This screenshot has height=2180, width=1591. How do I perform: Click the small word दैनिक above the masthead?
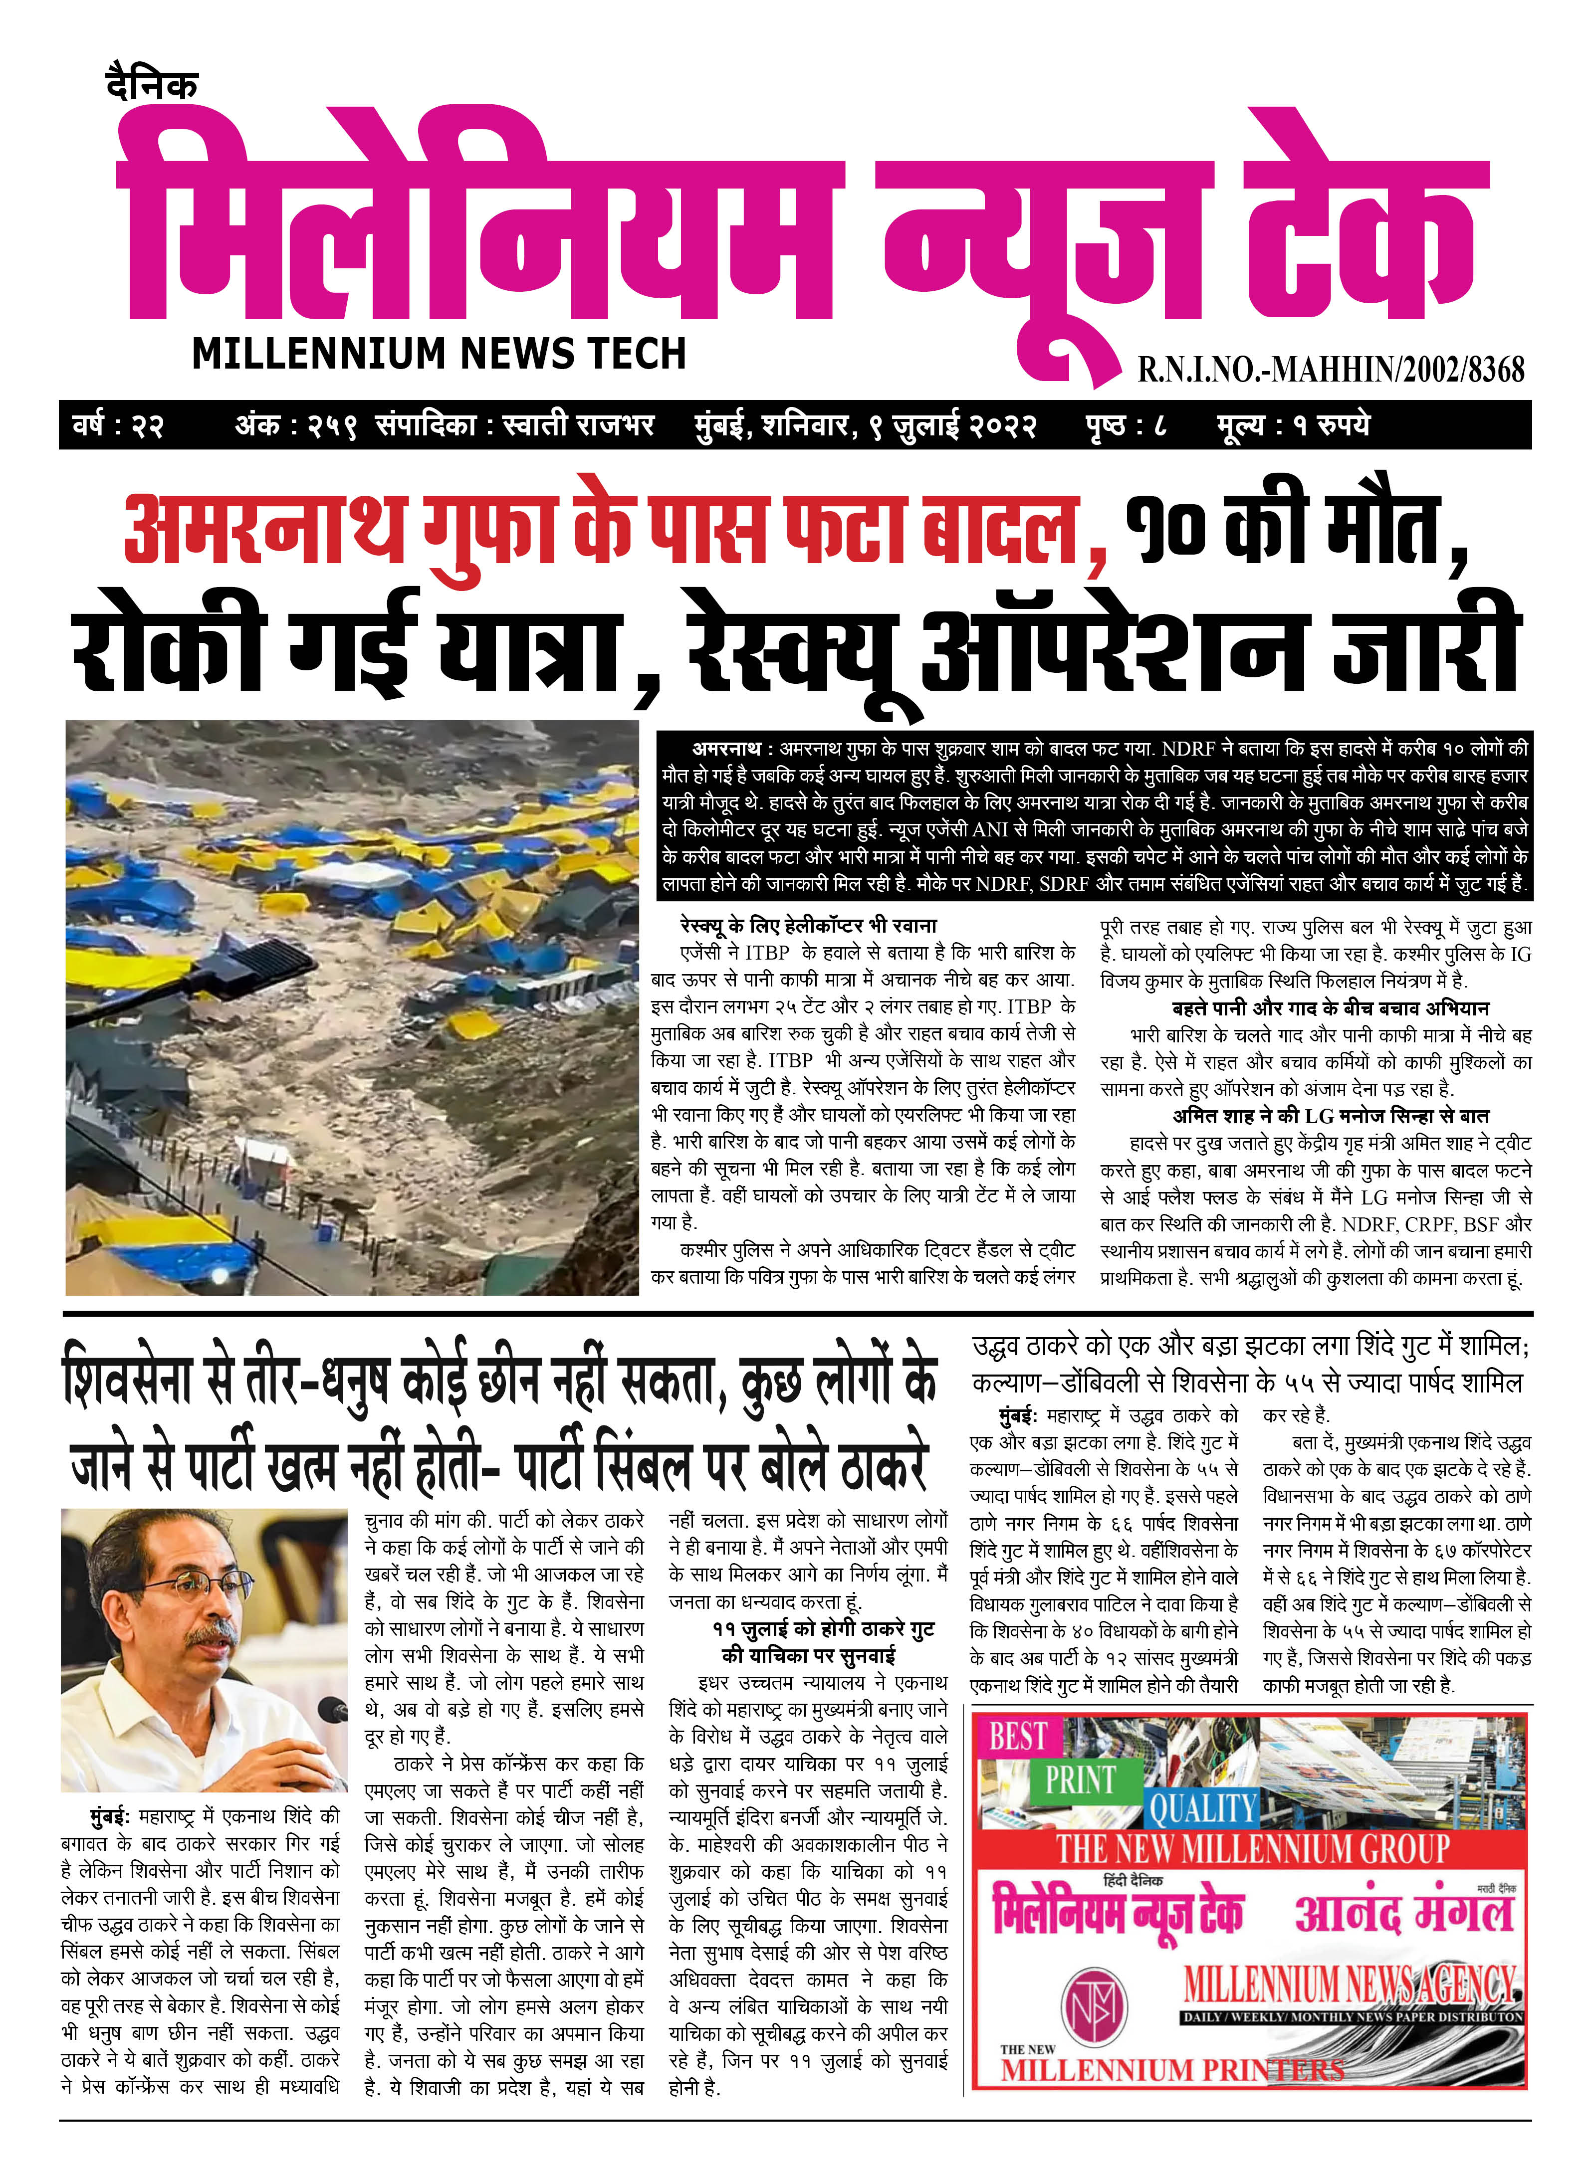(152, 85)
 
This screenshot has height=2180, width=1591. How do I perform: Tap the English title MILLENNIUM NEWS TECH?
(439, 354)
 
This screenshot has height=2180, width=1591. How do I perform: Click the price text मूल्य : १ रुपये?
(1293, 424)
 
